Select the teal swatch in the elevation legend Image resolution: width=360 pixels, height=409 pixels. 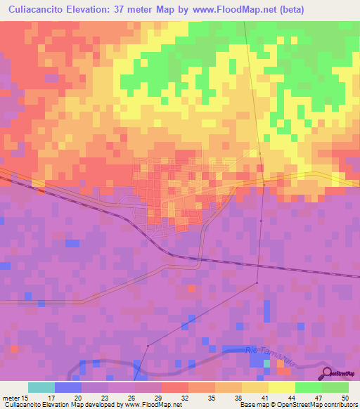pos(41,387)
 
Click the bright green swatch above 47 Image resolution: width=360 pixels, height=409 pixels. pos(309,387)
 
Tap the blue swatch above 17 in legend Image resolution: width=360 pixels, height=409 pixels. pos(68,387)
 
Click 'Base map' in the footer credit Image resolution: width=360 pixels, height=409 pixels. pos(253,405)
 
